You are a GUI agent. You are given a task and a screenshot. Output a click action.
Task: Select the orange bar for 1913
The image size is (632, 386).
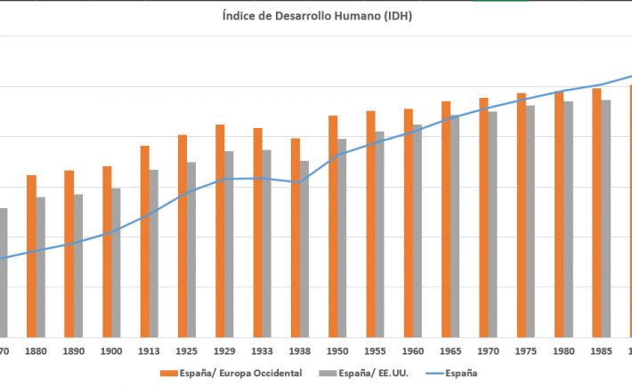tap(144, 240)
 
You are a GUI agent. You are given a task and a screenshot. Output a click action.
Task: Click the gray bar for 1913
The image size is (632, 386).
tap(154, 253)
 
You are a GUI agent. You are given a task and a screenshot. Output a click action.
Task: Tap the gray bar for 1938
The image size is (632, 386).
tap(304, 248)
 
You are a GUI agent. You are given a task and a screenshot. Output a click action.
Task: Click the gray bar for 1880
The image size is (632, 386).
tap(41, 266)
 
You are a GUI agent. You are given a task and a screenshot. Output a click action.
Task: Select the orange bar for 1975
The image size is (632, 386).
tap(522, 213)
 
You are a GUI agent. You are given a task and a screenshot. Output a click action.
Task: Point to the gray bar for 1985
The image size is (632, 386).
tap(606, 217)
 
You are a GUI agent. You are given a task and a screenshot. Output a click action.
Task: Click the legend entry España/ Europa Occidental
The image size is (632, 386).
tap(231, 373)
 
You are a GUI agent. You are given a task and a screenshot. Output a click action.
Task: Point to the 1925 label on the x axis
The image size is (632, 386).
tap(187, 351)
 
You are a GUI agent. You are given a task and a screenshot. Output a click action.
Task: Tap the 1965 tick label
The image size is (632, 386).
tap(450, 351)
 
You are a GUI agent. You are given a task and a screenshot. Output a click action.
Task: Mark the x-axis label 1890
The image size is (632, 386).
tap(74, 351)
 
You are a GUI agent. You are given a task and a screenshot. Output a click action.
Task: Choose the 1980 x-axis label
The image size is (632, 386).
tap(563, 351)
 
